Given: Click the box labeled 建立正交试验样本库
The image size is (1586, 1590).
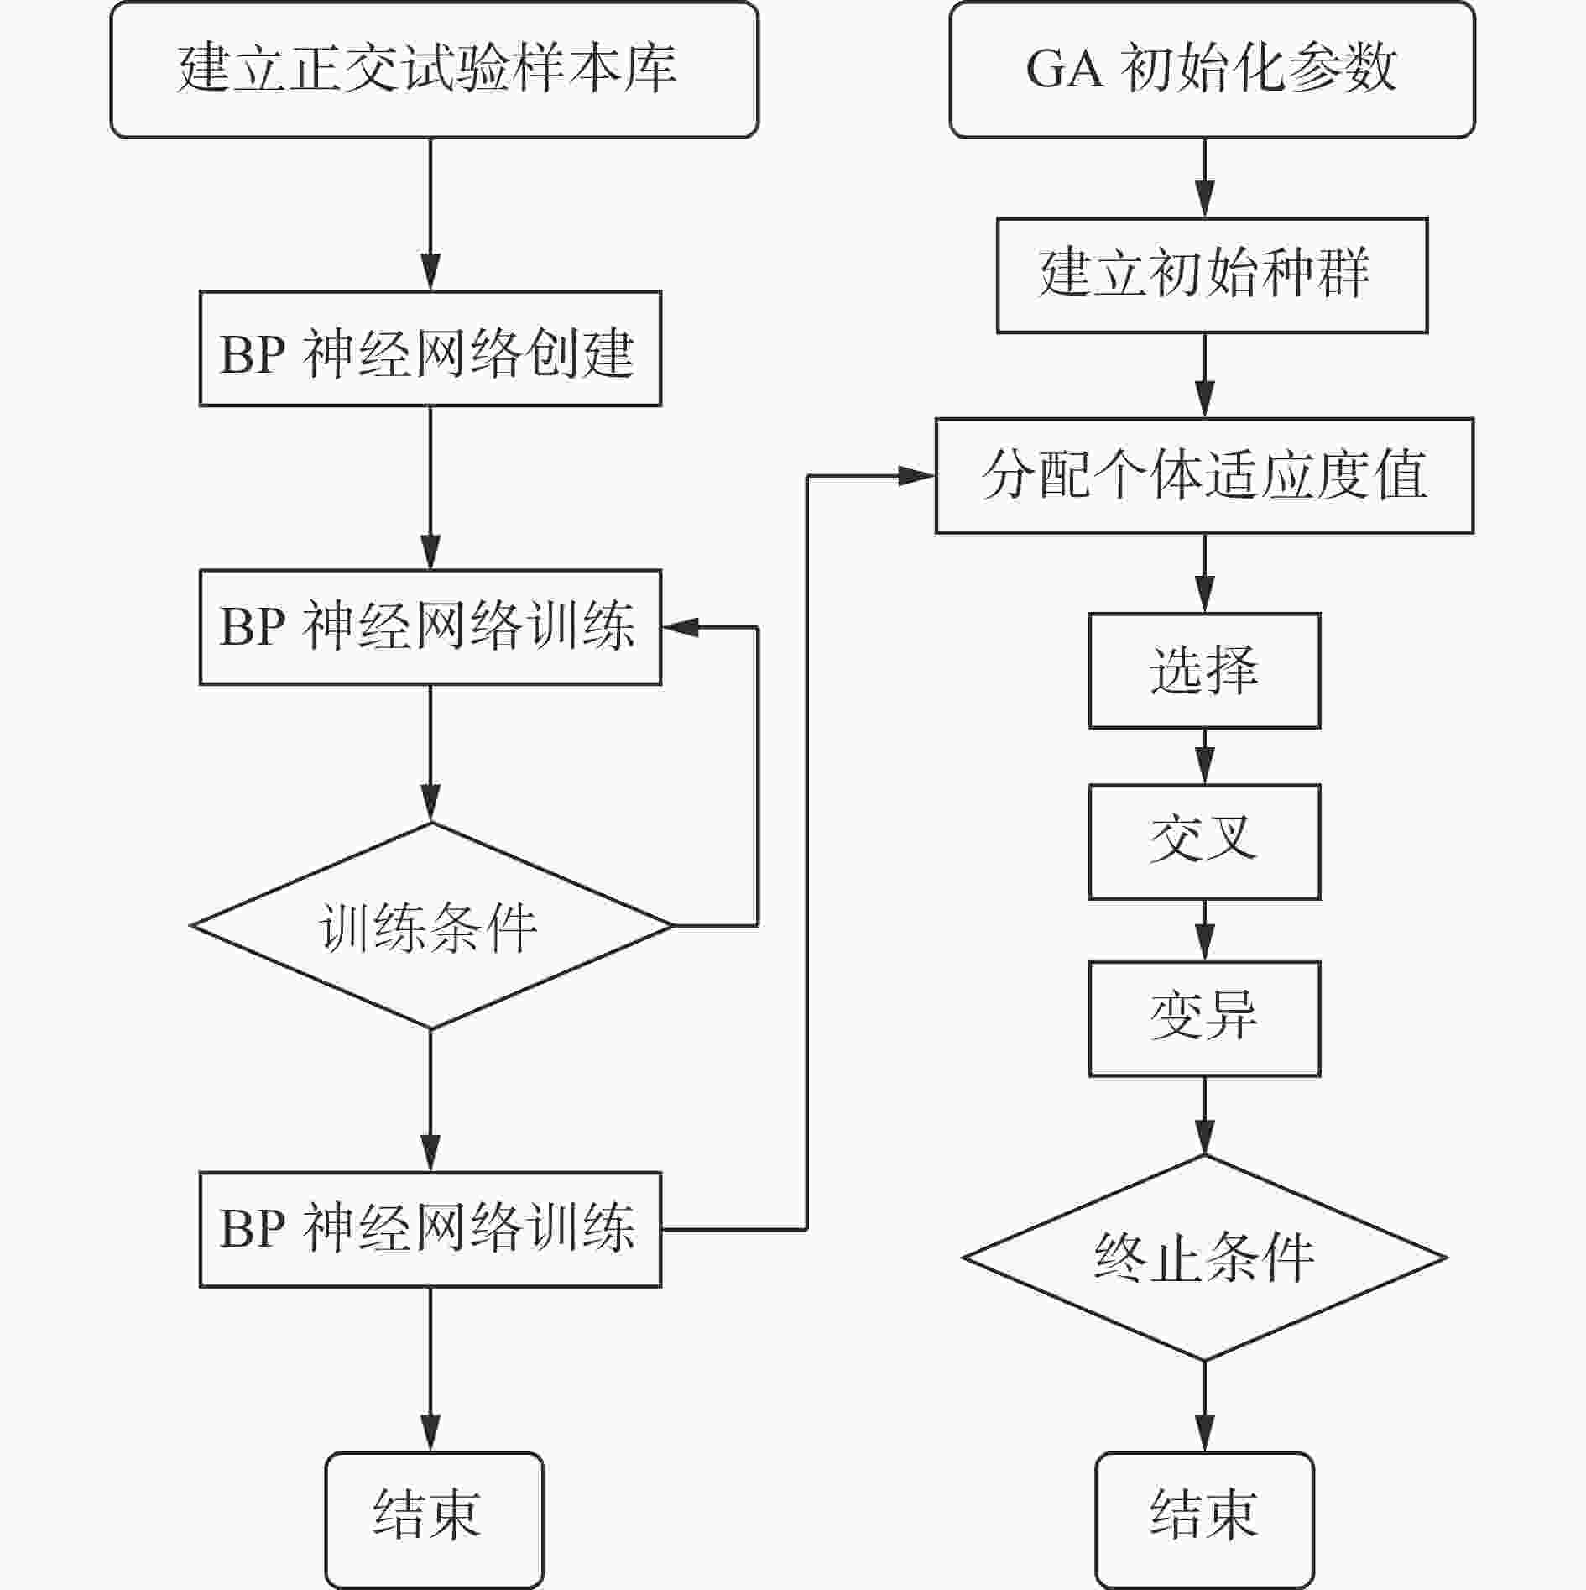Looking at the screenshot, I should pos(434,70).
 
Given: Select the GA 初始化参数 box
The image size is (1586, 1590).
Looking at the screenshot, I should pos(1211,70).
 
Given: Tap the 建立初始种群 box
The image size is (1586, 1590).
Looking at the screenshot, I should pos(1211,275).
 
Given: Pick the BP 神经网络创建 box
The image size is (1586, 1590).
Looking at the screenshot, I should pos(430,349).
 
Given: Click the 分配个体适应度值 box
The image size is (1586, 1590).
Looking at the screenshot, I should pos(1204,476).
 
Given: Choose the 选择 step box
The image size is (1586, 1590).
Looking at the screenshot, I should pos(1204,671).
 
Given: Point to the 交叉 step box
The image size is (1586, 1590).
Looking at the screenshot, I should pos(1204,842).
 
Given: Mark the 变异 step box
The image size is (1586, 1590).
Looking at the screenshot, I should pos(1204,1018).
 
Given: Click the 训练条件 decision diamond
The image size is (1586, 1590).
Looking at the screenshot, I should pos(430,926).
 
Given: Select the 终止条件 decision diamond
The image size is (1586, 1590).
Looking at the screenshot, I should pos(1204,1258).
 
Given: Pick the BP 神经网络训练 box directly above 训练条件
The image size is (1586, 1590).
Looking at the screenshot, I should pos(430,628).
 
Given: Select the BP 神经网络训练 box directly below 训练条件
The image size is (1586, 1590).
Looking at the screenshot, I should pos(430,1230).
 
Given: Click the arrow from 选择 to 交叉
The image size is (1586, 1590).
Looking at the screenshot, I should pos(1205,757).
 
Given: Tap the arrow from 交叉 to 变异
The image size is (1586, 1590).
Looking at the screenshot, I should pos(1205,931).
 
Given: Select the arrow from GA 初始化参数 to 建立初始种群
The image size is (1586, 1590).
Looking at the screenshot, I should pos(1205,179).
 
